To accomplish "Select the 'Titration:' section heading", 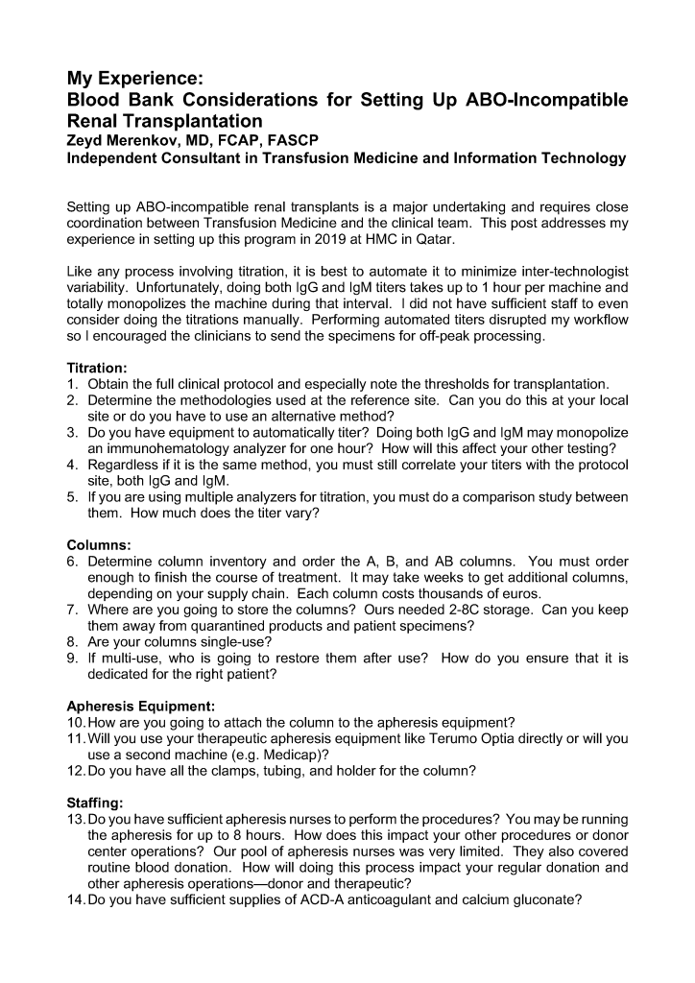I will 101,367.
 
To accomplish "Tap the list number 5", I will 72,497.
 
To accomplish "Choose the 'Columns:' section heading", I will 99,545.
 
